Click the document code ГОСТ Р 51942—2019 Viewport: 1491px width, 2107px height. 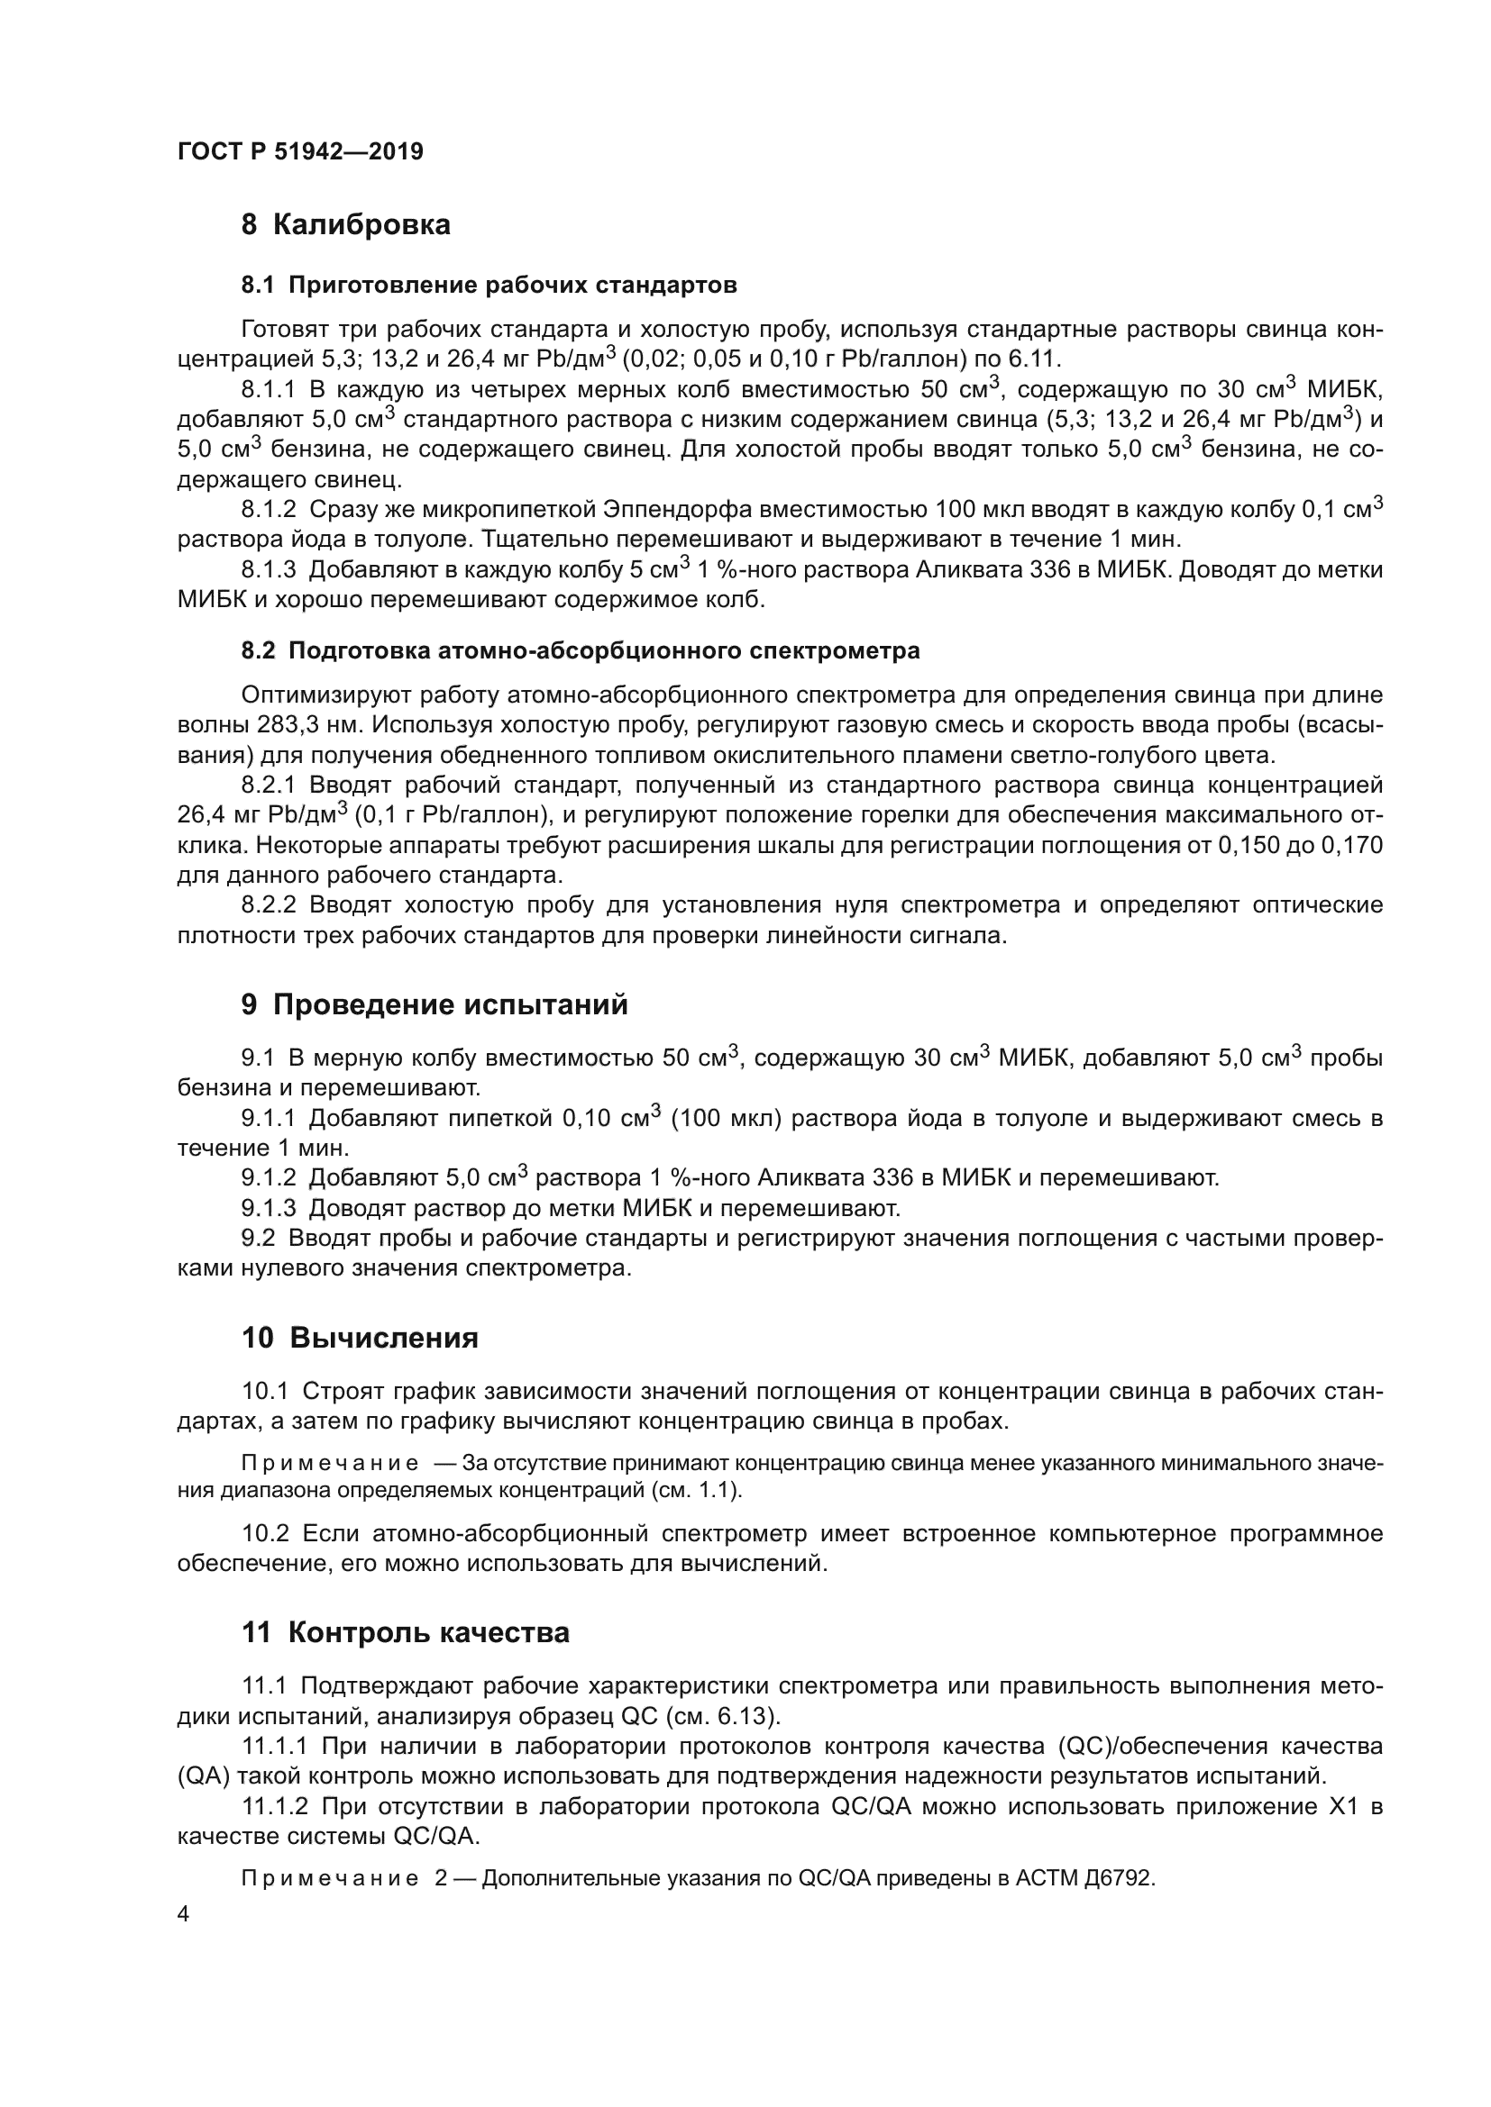tap(300, 151)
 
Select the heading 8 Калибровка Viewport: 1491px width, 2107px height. tap(345, 225)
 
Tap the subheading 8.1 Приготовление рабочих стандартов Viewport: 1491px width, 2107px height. tap(489, 286)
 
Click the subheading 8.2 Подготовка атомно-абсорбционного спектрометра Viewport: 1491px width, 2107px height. tap(581, 651)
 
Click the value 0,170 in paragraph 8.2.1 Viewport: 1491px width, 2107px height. tap(1351, 845)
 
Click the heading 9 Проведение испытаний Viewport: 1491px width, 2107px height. tap(434, 1005)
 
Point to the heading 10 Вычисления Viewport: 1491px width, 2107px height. tap(360, 1338)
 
